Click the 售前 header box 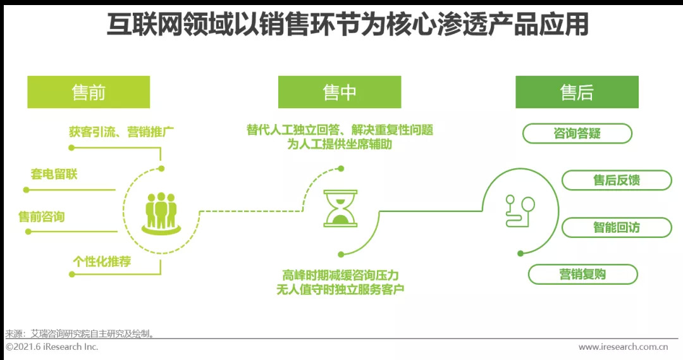coord(89,92)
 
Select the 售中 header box coord(340,92)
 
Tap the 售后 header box coord(577,92)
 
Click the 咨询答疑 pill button coord(577,133)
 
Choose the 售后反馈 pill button coord(617,180)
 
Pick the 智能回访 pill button coord(617,227)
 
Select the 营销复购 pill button coord(582,274)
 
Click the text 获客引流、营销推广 coord(121,132)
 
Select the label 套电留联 coord(54,174)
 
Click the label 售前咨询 coord(42,217)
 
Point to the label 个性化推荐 coord(102,261)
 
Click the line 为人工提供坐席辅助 coord(340,144)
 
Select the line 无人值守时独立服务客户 coord(340,290)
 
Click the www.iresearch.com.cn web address coord(624,347)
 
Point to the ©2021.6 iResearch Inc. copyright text coord(52,347)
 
